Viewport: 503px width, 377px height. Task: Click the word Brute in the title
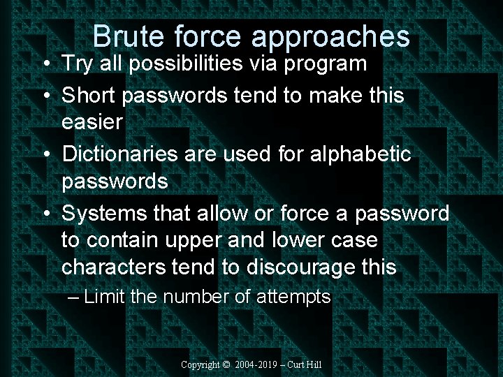pyautogui.click(x=126, y=37)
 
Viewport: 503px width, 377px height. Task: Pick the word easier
pyautogui.click(x=92, y=123)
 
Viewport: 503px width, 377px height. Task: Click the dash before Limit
pyautogui.click(x=75, y=297)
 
